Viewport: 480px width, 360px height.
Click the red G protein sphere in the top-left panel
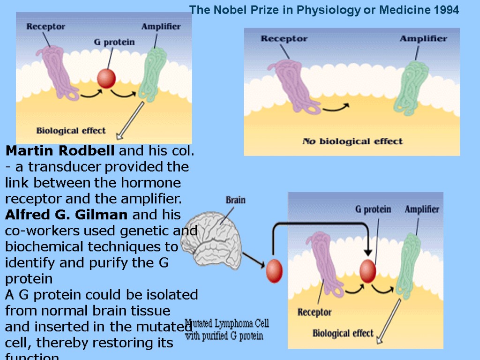[x=106, y=78]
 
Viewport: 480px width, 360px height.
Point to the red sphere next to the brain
[x=274, y=271]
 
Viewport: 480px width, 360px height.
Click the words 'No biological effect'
[x=352, y=141]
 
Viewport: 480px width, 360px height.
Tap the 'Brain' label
[x=235, y=200]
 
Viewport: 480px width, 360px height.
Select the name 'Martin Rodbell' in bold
[x=60, y=151]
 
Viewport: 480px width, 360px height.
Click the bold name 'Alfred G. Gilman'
[x=66, y=215]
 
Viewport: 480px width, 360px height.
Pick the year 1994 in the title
[x=447, y=10]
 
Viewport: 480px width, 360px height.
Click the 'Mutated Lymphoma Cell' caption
[x=227, y=323]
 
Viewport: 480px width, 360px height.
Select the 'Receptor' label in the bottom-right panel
[x=315, y=312]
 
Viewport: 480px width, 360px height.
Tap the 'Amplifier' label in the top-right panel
[x=423, y=38]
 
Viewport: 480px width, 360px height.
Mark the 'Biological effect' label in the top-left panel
[x=71, y=131]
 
